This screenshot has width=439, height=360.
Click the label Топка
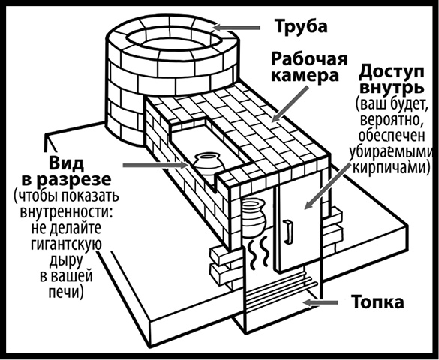(x=378, y=304)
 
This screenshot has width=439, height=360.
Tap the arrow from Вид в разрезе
(x=151, y=165)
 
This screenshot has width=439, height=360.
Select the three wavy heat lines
(x=259, y=253)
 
